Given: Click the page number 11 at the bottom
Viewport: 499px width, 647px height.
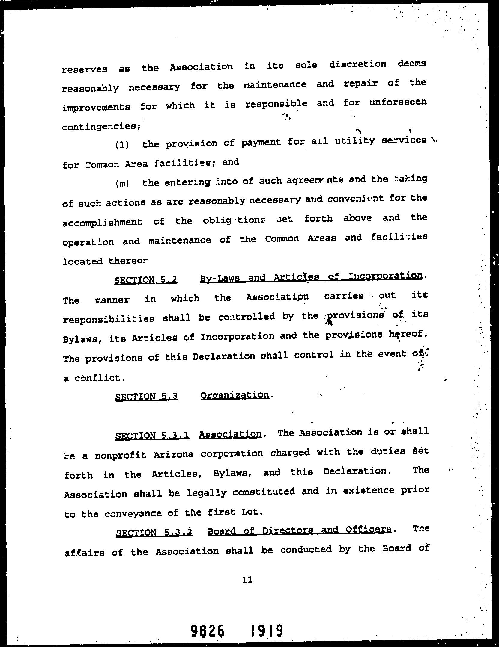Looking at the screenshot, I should coord(247,580).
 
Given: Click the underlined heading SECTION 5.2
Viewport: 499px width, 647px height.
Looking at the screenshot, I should coord(146,280).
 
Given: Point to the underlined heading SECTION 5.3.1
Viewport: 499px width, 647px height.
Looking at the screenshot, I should coord(152,435).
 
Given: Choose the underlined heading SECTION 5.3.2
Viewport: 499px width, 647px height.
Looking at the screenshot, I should coord(154,533).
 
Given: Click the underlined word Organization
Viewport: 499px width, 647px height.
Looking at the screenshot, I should coord(235,395).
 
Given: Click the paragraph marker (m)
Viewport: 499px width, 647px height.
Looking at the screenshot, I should coord(122,183).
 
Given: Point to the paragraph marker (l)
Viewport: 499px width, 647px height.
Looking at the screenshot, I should coord(122,145).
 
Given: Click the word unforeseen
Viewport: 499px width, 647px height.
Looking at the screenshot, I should coord(398,102).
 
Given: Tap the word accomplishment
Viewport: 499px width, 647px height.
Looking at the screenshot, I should coord(102,222).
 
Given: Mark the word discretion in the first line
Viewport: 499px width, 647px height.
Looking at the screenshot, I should coord(357,65).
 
